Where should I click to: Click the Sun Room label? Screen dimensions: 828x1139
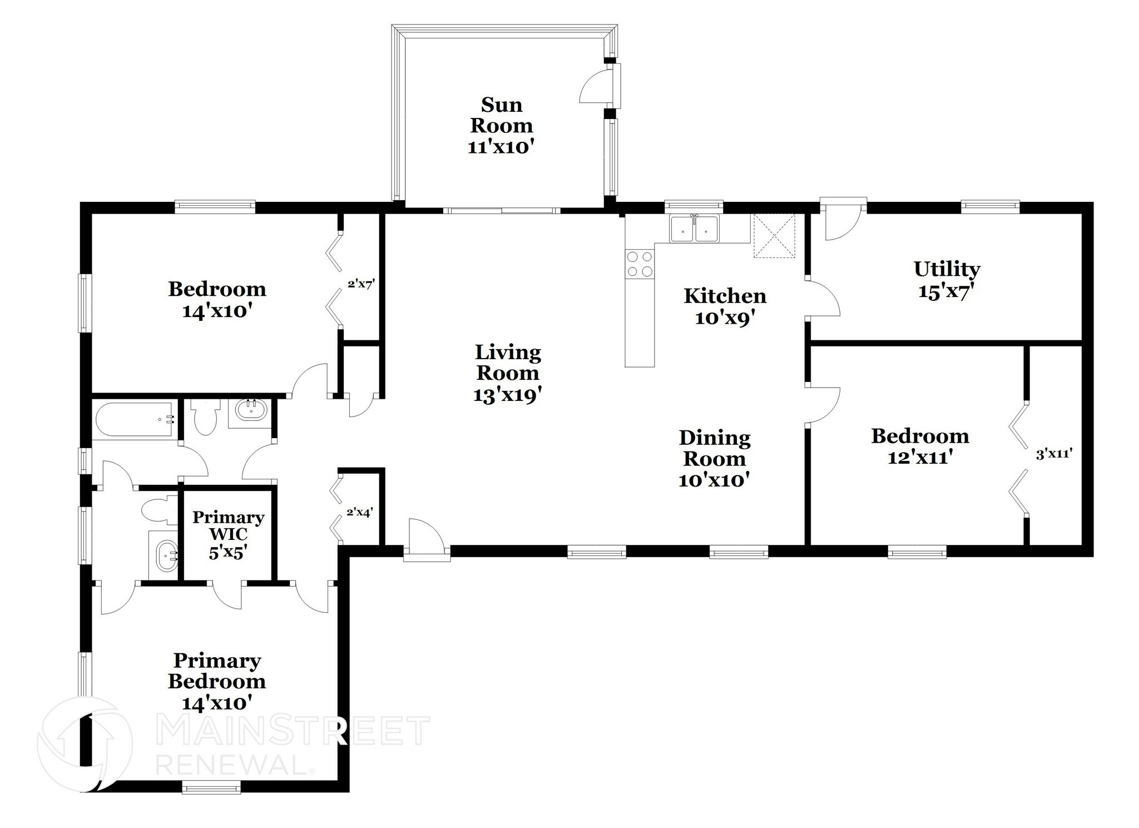point(502,126)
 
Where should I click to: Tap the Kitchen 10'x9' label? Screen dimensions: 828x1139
point(725,306)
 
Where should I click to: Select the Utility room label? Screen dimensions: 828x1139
point(947,280)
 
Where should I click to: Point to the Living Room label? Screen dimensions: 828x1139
point(507,373)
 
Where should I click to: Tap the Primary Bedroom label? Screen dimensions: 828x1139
point(217,682)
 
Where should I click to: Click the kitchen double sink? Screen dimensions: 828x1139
point(694,229)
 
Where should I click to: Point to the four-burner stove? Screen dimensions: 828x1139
point(640,264)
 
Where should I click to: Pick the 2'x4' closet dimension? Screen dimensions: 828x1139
point(359,512)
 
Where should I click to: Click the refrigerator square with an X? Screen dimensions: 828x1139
point(774,236)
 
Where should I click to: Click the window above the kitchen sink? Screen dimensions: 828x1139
point(694,206)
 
